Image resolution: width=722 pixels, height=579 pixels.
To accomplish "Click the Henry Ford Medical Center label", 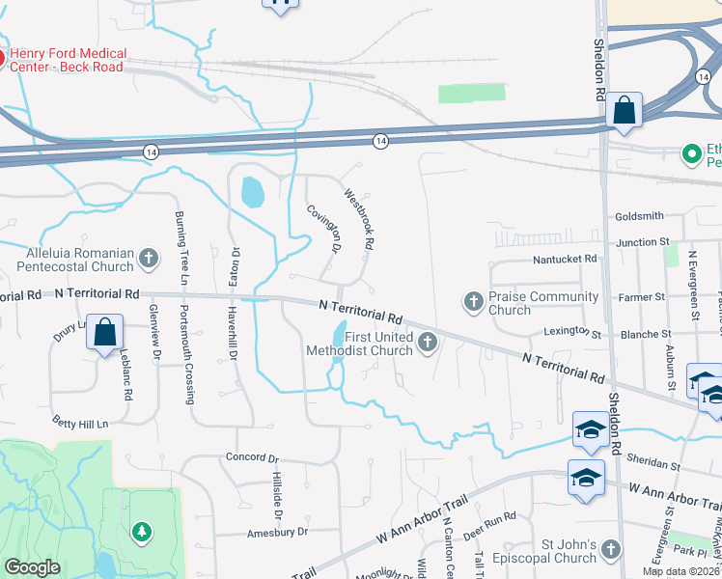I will pyautogui.click(x=67, y=60).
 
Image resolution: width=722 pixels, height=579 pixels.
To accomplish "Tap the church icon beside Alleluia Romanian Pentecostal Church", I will pyautogui.click(x=148, y=258).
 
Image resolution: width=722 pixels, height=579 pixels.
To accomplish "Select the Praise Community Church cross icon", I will pyautogui.click(x=473, y=302).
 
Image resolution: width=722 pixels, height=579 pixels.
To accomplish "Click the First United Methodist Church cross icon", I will pyautogui.click(x=427, y=342).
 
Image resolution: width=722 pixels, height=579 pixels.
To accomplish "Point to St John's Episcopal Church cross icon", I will pyautogui.click(x=609, y=550).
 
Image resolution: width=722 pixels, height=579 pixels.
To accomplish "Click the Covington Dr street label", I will pyautogui.click(x=324, y=229).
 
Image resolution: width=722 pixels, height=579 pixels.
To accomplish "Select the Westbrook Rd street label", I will pyautogui.click(x=358, y=219).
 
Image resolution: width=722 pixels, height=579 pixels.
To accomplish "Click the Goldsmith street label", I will pyautogui.click(x=639, y=216).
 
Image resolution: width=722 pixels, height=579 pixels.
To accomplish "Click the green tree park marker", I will pyautogui.click(x=142, y=531).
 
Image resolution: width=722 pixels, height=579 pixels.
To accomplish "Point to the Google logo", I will pyautogui.click(x=33, y=567).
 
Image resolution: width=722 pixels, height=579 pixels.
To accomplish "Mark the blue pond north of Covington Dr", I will pyautogui.click(x=251, y=192).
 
